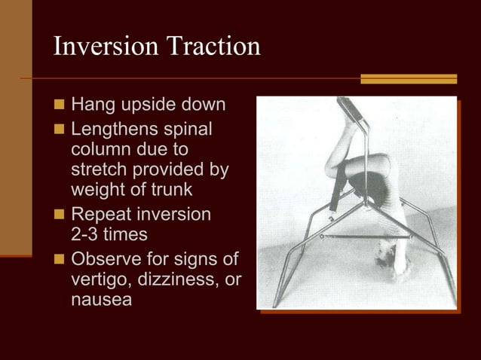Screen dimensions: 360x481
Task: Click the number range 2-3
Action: [84, 234]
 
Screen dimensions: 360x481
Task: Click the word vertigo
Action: [98, 280]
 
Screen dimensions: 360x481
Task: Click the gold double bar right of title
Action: [409, 78]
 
